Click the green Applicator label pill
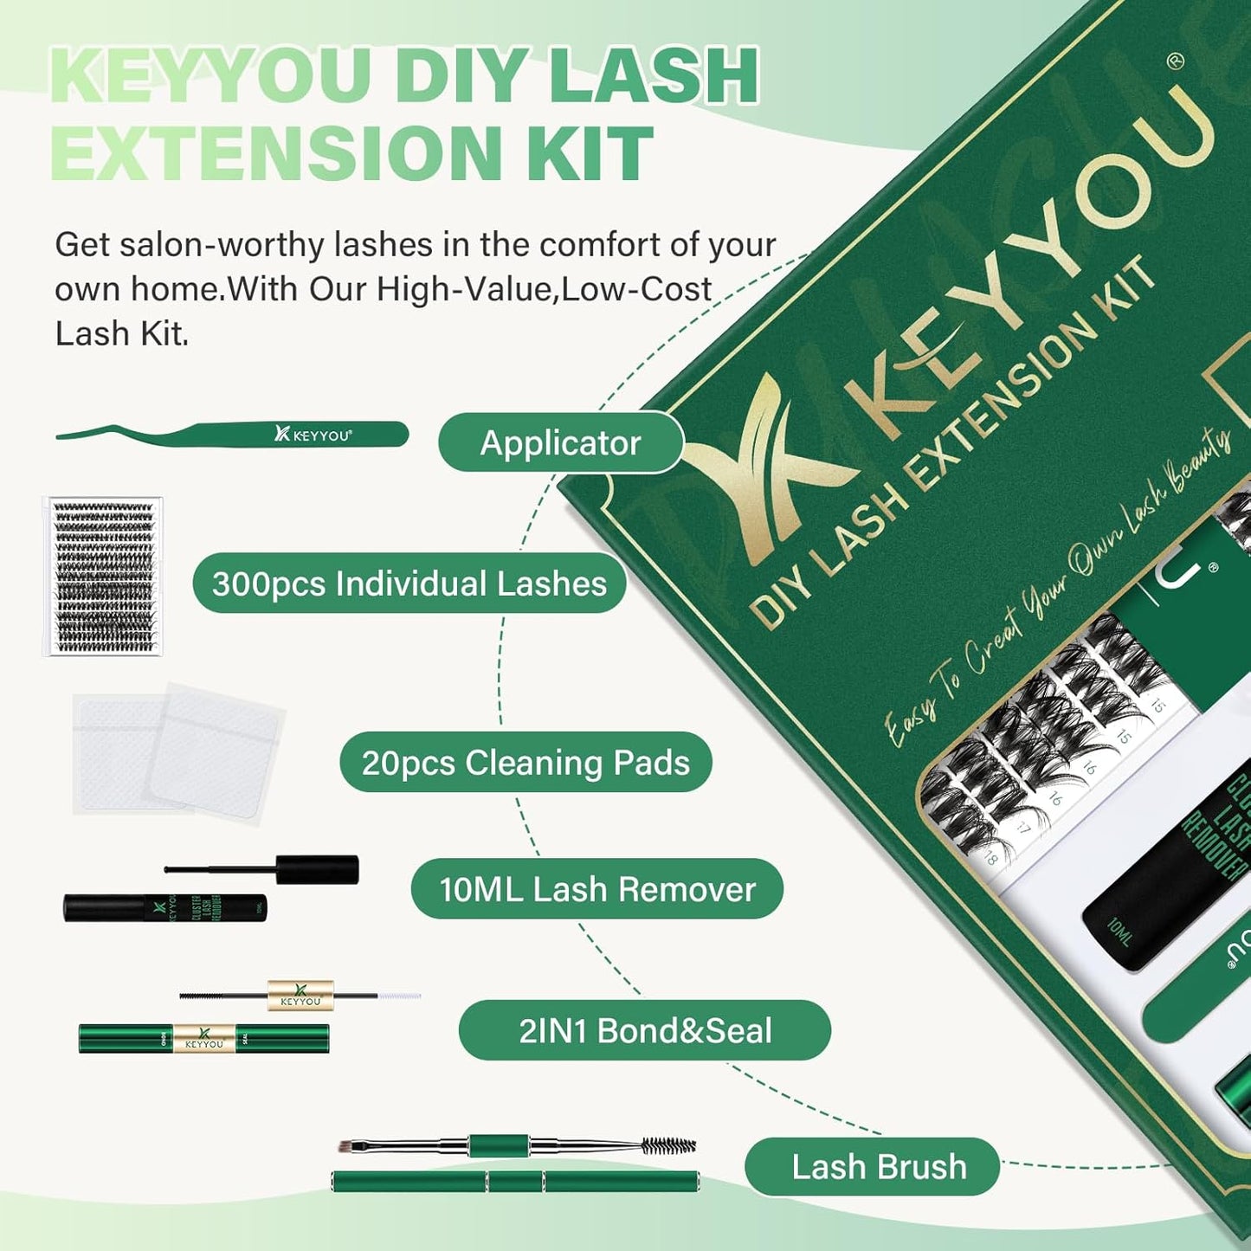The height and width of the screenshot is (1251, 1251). click(560, 443)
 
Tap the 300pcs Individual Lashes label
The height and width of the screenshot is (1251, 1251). click(409, 584)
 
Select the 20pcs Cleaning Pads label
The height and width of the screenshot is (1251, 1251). click(526, 763)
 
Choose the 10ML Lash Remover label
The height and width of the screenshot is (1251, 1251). click(596, 889)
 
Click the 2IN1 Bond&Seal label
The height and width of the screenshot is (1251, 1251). click(644, 1030)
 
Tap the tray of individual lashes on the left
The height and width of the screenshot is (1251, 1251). click(103, 577)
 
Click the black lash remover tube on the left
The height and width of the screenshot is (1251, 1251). click(164, 907)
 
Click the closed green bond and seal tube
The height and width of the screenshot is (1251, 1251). click(203, 1038)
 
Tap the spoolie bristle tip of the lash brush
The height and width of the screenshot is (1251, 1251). click(668, 1146)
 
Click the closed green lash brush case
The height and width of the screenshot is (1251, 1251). click(515, 1181)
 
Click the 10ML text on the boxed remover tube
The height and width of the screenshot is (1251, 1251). click(1119, 932)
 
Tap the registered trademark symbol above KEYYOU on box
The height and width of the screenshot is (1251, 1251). click(1175, 61)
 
